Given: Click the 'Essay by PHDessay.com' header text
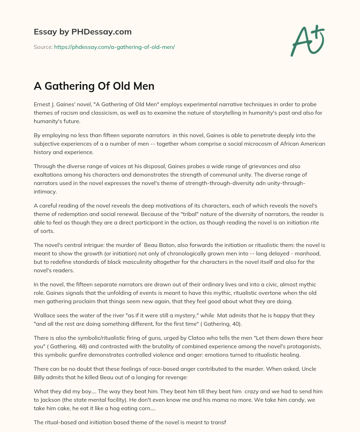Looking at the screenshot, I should click(83, 32).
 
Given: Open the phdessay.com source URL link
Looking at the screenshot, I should click(114, 47).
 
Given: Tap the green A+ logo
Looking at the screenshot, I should click(307, 40).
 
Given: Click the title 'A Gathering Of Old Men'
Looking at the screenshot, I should click(94, 86).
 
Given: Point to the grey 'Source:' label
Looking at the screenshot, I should click(43, 47).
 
